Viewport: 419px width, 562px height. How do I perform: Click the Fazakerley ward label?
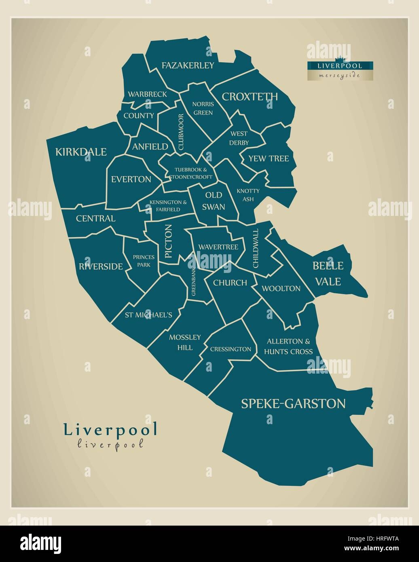coord(188,65)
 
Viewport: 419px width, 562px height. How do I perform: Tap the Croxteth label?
coord(250,97)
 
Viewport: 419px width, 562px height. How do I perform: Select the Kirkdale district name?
coord(81,152)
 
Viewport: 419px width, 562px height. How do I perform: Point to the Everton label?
coord(131,179)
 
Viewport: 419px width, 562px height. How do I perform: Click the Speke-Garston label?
coord(293,404)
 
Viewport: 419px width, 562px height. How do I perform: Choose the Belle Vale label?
coord(328,273)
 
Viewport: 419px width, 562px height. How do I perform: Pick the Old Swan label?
coord(214,201)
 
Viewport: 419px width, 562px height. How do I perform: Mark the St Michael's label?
coord(148,315)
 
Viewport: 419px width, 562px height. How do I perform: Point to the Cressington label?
coord(231,349)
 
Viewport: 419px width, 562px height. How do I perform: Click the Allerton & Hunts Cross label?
coord(288,346)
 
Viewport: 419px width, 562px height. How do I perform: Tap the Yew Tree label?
coord(269,158)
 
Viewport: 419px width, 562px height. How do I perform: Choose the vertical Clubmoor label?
coord(181,132)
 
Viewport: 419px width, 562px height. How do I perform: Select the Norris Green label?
coord(203,108)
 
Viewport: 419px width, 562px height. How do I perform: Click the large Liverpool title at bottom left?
coord(110,430)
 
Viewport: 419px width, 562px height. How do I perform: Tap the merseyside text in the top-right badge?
coord(339,76)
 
